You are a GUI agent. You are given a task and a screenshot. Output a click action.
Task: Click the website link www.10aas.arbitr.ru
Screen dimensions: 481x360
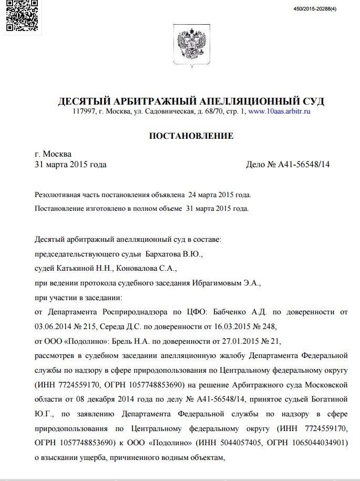click(x=279, y=111)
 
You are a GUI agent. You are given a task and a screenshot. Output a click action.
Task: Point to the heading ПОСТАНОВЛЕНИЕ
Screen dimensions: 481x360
click(x=191, y=136)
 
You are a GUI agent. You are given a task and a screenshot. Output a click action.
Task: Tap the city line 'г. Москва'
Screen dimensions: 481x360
click(x=53, y=154)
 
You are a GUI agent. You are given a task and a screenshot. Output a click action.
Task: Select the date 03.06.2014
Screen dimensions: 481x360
click(x=54, y=326)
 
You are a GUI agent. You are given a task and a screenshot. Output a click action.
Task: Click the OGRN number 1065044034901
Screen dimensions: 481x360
click(x=322, y=443)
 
